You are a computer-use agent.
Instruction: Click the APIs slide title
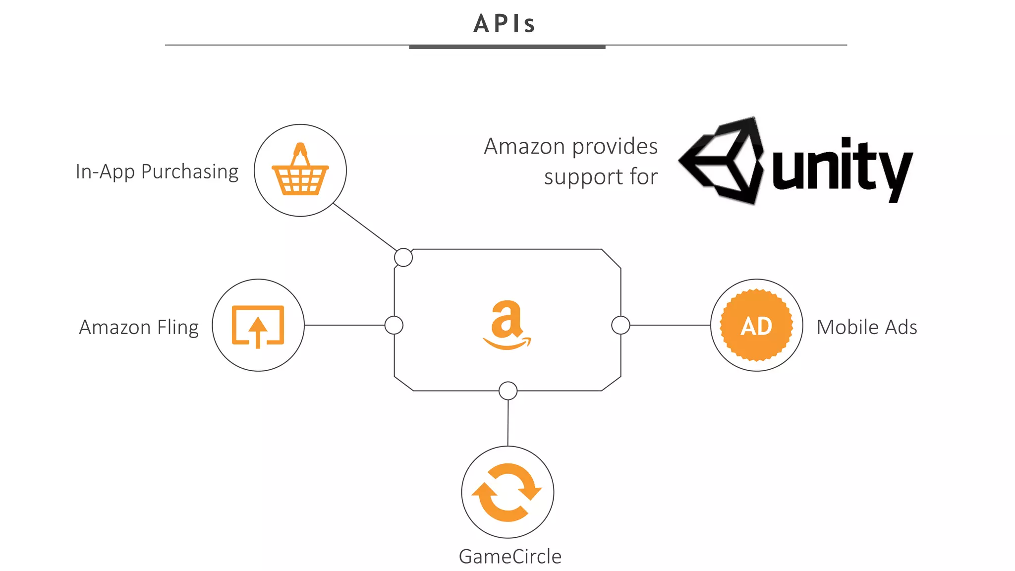[x=505, y=24]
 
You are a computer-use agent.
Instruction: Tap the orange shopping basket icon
[x=300, y=171]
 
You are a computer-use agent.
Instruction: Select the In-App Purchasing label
[x=157, y=171]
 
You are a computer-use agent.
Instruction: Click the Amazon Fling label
[x=139, y=327]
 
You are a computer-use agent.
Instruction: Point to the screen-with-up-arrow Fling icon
[x=258, y=326]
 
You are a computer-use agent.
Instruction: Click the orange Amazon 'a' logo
[x=507, y=324]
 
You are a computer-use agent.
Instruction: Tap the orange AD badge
[x=756, y=326]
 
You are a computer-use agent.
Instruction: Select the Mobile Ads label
[x=867, y=327]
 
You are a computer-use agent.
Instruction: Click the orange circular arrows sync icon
[x=507, y=492]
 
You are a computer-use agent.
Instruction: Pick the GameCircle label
[x=510, y=556]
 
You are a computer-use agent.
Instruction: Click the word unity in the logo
[x=842, y=169]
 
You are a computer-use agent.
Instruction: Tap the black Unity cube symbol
[x=722, y=161]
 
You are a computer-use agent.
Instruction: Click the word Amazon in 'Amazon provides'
[x=524, y=146]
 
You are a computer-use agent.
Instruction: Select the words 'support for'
[x=601, y=177]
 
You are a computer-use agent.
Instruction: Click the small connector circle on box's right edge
[x=620, y=325]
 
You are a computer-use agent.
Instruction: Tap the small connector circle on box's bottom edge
[x=508, y=391]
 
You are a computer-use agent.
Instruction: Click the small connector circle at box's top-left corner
[x=403, y=257]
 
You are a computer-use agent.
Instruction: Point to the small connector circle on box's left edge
[x=394, y=325]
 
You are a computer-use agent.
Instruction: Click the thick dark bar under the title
[x=507, y=47]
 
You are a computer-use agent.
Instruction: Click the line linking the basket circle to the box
[x=365, y=227]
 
